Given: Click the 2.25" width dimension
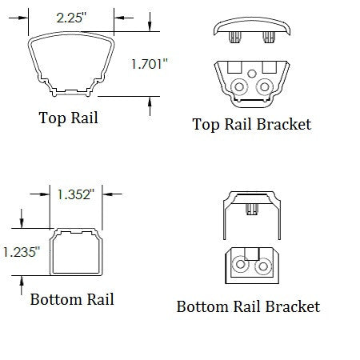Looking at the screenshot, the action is point(72,18).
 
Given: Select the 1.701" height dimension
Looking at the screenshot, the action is point(150,64).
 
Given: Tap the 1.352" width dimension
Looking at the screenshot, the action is point(76,194).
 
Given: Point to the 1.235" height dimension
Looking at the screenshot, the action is point(22,252).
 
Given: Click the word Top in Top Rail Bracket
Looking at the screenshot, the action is point(206,125).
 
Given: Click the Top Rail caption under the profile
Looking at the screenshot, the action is point(69,118).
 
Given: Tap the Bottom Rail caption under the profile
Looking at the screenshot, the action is point(72,299).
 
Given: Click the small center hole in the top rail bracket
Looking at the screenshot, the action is point(252,74).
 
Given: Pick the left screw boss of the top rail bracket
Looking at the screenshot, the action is point(239,86).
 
